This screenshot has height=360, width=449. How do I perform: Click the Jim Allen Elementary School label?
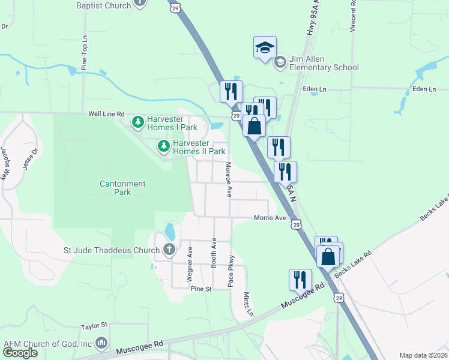pos(324,64)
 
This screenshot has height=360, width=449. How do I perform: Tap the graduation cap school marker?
pos(265,48)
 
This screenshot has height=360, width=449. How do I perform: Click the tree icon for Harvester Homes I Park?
pos(138,122)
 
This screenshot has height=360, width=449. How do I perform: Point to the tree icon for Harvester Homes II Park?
pos(163,146)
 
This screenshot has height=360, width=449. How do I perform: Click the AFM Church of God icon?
pos(101,344)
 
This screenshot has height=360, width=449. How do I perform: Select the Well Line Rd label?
pos(106,113)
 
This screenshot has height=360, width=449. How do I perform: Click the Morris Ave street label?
pos(270,218)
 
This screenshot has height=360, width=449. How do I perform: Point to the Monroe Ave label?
pos(229,179)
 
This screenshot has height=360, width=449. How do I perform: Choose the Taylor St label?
pos(94,326)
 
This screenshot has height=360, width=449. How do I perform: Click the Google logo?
pos(20,353)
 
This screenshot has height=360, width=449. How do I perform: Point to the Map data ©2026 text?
pos(423,355)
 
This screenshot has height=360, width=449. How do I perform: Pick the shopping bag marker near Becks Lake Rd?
pos(328,256)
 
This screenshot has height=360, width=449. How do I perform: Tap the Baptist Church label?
pos(104,5)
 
